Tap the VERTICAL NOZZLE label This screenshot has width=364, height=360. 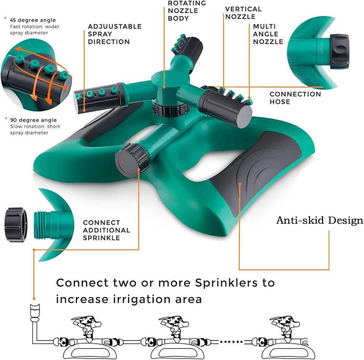243,13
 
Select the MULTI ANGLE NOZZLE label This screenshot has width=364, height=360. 268,34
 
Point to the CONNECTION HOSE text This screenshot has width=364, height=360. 295,98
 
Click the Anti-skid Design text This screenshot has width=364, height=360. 319,220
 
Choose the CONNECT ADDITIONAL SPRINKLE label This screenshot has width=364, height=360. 107,230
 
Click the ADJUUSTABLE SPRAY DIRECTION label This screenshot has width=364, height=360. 115,34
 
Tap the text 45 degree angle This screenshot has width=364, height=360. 33,20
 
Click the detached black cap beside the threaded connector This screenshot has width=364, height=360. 16,224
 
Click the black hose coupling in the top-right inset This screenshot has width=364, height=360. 339,52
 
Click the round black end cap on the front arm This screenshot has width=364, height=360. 127,161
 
